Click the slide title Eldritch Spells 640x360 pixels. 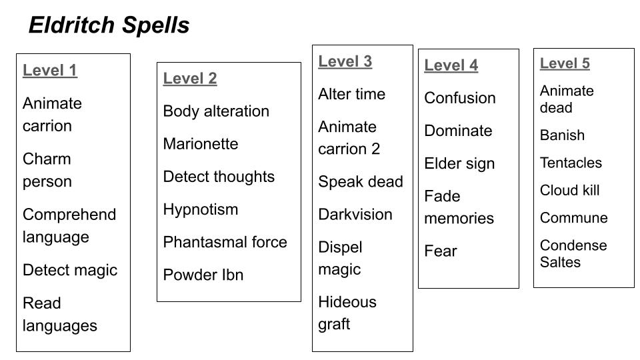click(109, 25)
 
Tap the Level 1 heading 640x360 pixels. click(50, 71)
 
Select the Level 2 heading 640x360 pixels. click(190, 79)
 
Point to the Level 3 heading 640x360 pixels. click(345, 61)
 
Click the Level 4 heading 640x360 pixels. click(451, 65)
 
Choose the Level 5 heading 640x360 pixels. click(565, 63)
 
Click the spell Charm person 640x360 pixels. click(47, 170)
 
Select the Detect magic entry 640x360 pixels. click(70, 270)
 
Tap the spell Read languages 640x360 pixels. click(60, 314)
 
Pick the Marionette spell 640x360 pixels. click(201, 144)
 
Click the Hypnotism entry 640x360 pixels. click(201, 209)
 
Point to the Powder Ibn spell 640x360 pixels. click(203, 275)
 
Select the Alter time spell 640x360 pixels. click(351, 94)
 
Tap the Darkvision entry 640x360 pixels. click(355, 215)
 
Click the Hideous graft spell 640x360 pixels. click(347, 313)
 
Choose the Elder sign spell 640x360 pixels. click(459, 163)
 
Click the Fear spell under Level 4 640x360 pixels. click(441, 251)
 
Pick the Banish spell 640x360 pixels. click(562, 135)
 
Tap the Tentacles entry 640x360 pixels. click(571, 163)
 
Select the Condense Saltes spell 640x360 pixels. click(573, 253)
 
